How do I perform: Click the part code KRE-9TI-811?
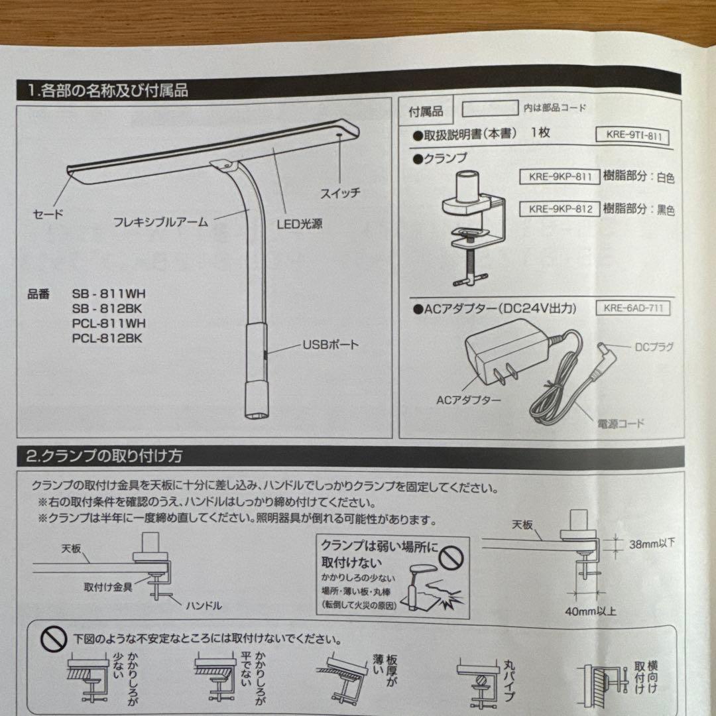coord(634,136)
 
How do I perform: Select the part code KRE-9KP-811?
coord(560,176)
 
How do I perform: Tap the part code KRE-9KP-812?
coord(560,209)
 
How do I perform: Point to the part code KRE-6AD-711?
coord(633,308)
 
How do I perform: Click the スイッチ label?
coord(340,193)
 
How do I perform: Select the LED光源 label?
coord(300,224)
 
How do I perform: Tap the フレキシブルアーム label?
coord(160,222)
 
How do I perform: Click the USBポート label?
coord(331,345)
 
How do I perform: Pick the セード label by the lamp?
coord(48,213)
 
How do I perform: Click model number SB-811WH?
coord(109,294)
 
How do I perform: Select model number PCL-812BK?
coord(107,338)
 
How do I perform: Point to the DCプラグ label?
coord(654,347)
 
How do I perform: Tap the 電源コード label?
coord(621,424)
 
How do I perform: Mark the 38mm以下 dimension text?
coord(652,544)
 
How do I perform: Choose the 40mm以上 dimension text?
coord(591,611)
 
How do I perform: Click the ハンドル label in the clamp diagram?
coord(204,606)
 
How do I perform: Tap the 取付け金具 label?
coord(108,587)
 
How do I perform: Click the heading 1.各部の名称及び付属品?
coord(107,90)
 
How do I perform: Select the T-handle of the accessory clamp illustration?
coord(470,278)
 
